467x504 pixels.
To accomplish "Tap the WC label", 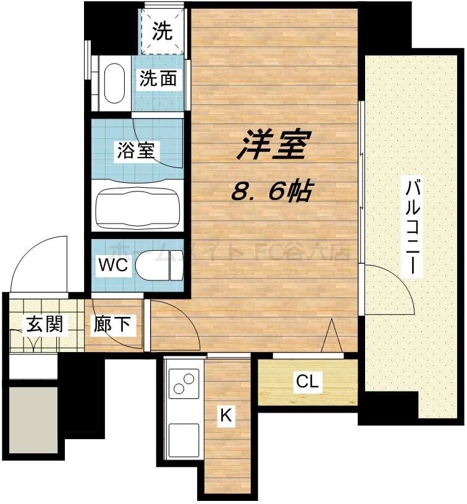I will click(x=113, y=266).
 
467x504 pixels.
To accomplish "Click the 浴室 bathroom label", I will click(x=135, y=150).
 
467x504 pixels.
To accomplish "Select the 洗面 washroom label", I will click(x=158, y=78).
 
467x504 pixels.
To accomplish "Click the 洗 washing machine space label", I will click(x=162, y=31).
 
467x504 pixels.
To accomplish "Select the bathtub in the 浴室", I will click(x=137, y=204).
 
